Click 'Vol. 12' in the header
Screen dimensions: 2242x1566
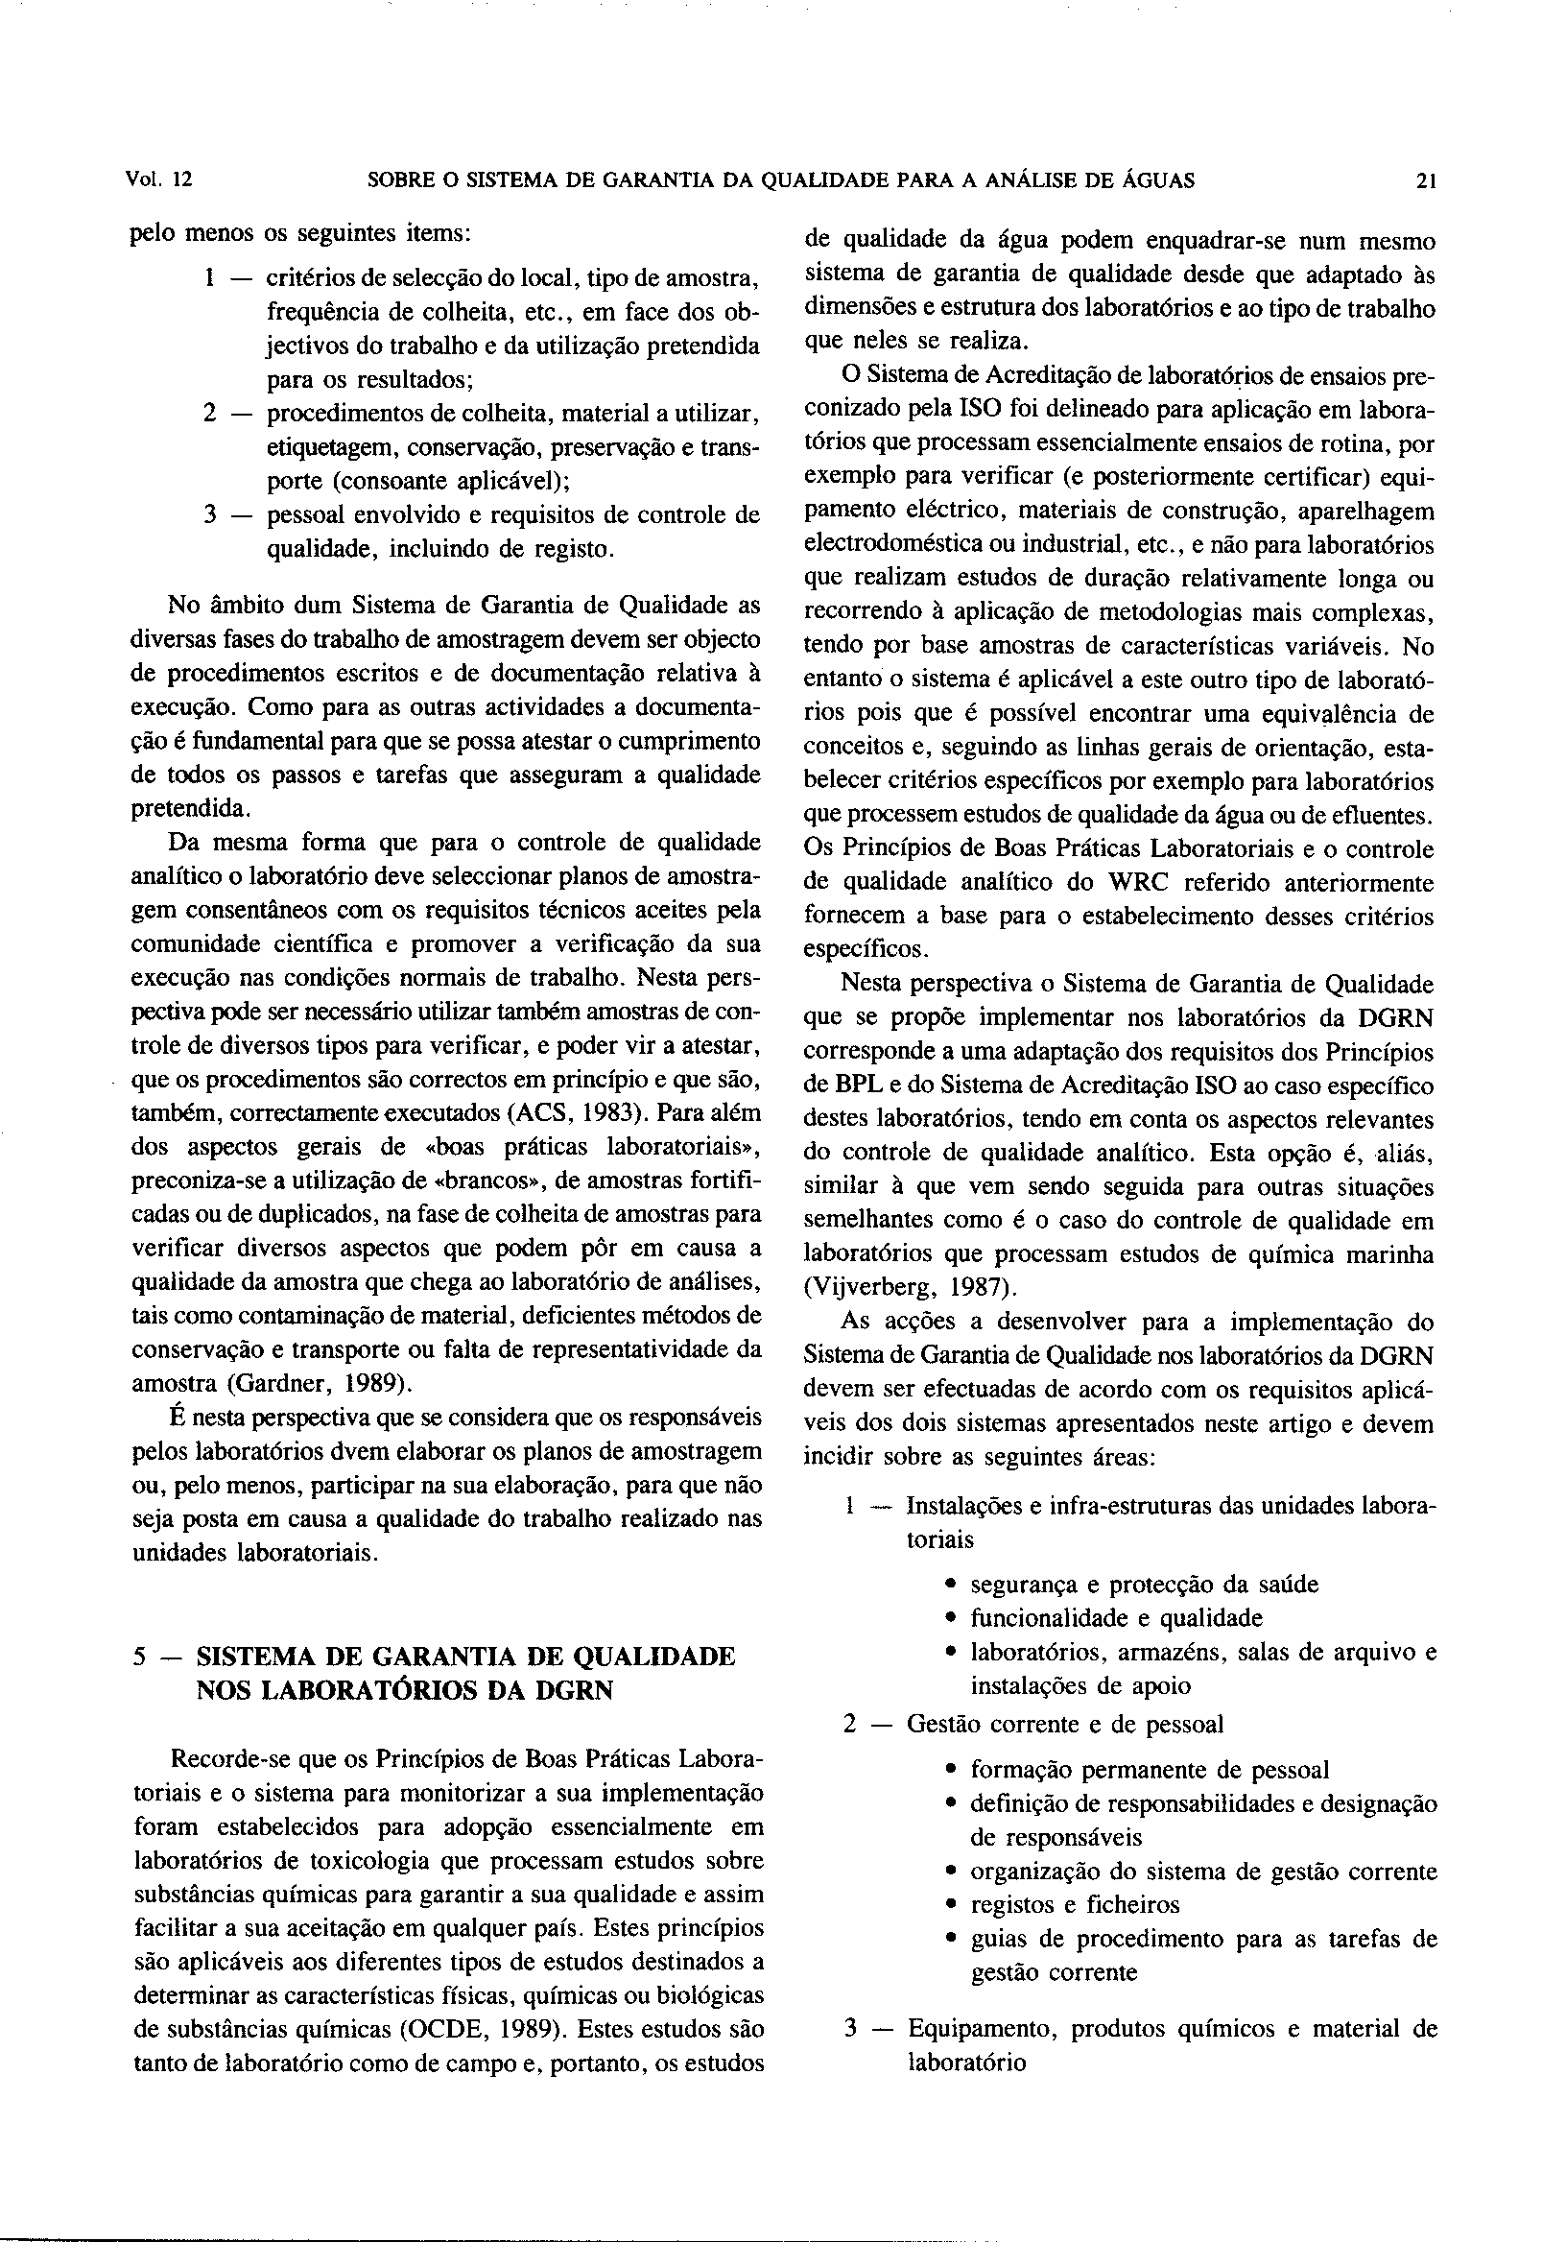coord(160,180)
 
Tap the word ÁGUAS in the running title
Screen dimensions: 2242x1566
coord(1161,180)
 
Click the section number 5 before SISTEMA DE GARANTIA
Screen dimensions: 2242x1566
coord(139,1658)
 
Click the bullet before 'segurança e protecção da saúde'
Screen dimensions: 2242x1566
coord(950,1585)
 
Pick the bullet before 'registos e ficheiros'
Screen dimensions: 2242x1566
coord(950,1905)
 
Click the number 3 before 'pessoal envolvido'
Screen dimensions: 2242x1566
coord(210,515)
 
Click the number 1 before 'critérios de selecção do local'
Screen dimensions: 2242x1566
coord(210,279)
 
